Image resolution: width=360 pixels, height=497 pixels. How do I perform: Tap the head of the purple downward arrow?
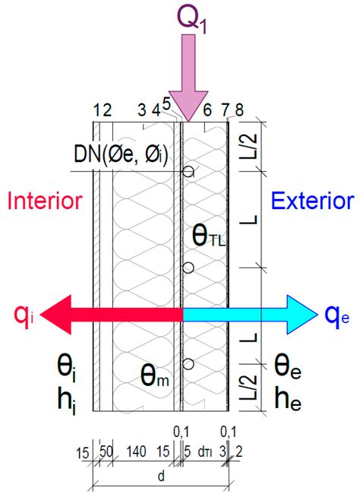coord(188,106)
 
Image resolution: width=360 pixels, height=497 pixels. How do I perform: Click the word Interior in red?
coord(45,201)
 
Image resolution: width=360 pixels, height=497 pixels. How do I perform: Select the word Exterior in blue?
coord(312,201)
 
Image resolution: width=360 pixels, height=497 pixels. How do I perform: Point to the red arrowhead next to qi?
coord(57,315)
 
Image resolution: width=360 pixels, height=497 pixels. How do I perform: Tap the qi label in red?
coord(24,317)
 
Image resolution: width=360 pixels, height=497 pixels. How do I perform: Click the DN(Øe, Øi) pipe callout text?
coord(121,155)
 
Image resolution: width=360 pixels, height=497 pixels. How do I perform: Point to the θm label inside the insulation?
coord(155,376)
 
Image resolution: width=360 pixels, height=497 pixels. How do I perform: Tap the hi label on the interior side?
coord(66,400)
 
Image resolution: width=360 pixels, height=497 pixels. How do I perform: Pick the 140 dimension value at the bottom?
coord(136,451)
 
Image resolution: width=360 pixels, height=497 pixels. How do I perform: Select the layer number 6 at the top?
coord(207,111)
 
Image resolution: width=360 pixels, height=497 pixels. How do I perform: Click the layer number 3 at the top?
coord(142,111)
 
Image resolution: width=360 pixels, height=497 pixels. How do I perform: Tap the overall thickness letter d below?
coord(161,476)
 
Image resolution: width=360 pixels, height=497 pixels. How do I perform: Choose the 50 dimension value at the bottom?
coord(106,451)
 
